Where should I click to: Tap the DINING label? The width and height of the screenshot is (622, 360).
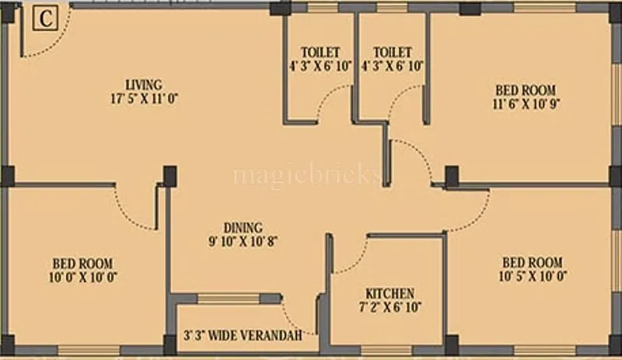point(243,228)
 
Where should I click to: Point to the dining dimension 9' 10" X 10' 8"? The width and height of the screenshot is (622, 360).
point(243,242)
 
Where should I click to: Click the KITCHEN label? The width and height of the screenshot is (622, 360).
point(390,293)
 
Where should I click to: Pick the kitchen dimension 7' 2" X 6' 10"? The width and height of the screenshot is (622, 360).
point(390,307)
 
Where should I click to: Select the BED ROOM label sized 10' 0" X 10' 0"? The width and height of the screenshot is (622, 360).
point(83,263)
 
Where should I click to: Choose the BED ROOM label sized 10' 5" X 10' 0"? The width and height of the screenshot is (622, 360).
point(532,263)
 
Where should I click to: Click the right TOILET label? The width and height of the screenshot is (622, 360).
point(392,52)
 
